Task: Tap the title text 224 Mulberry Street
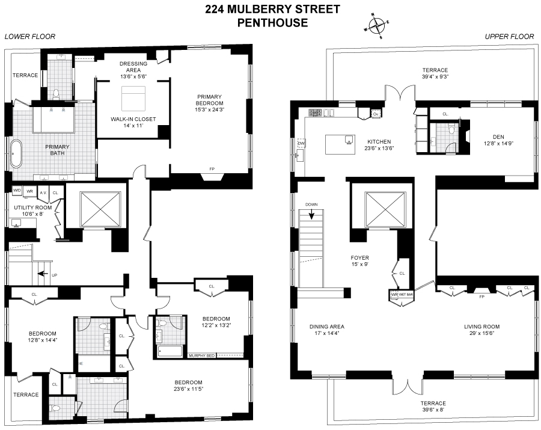(x=272, y=9)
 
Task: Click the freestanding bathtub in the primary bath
(x=16, y=154)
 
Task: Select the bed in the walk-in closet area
(x=133, y=98)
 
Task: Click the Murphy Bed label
(x=201, y=356)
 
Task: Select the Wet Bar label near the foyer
(x=404, y=295)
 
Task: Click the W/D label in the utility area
(x=17, y=191)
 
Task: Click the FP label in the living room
(x=481, y=296)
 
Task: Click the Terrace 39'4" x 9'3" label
(x=435, y=73)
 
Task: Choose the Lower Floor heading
(x=30, y=37)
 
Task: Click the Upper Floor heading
(x=509, y=37)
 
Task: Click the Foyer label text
(x=360, y=257)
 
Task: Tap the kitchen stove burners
(x=316, y=112)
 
